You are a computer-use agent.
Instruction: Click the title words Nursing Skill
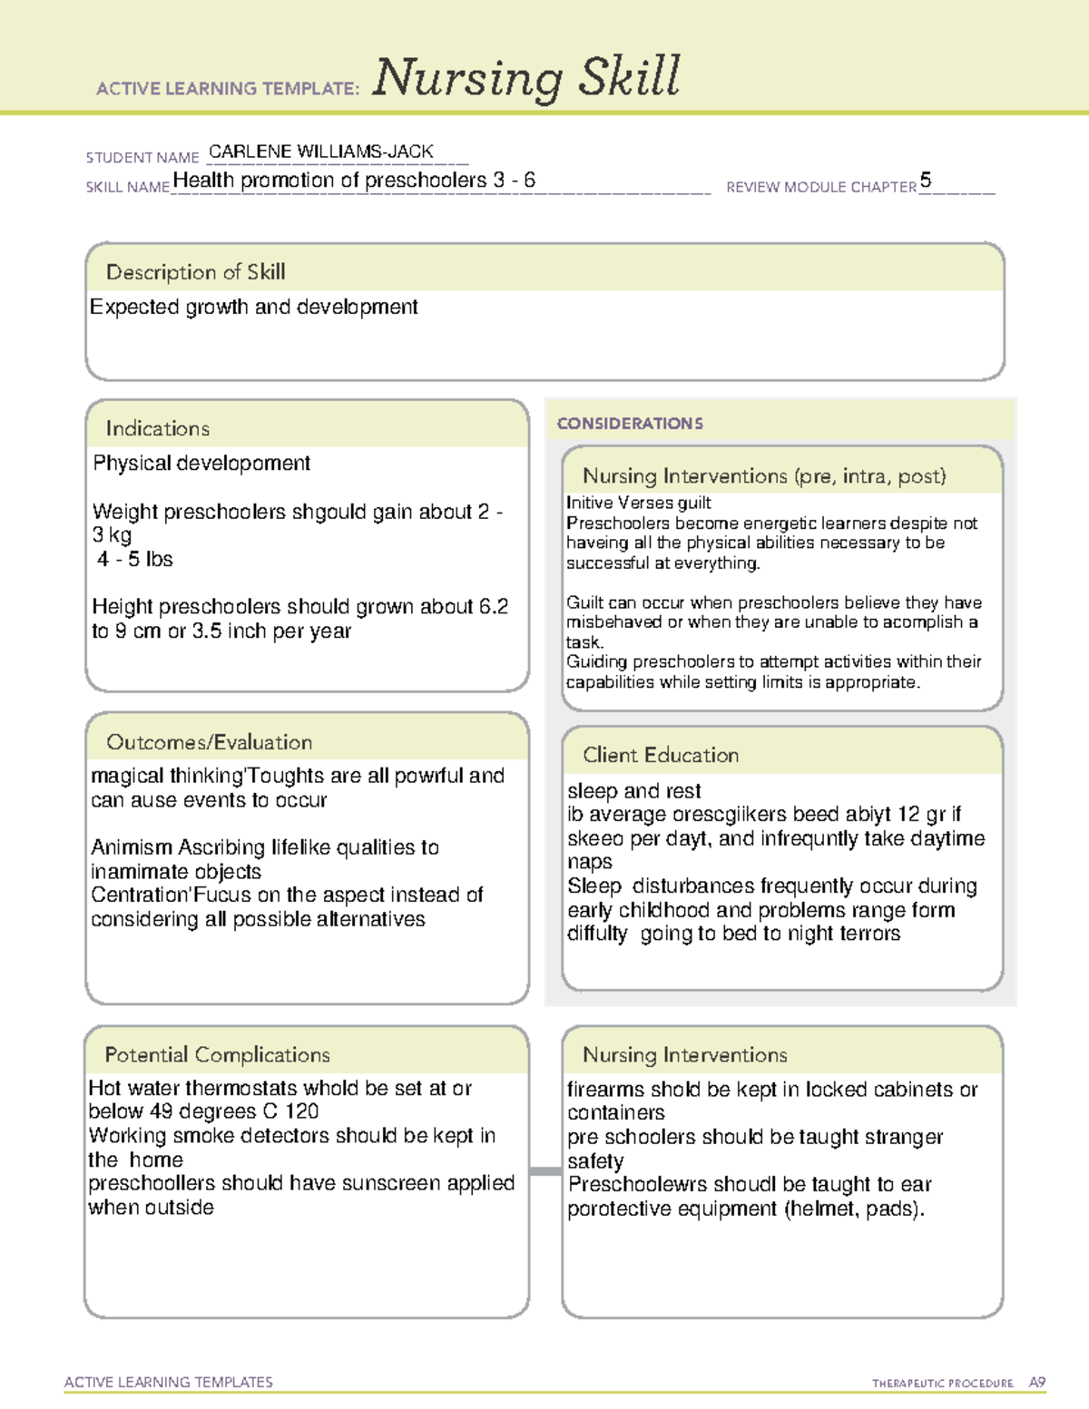coord(525,78)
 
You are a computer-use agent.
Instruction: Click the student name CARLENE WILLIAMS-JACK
coord(320,152)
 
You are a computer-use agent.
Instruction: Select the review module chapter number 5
coord(925,180)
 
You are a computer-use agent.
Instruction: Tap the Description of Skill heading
coord(195,272)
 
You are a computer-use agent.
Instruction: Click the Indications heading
coord(157,428)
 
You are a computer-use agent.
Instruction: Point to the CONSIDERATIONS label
coord(630,424)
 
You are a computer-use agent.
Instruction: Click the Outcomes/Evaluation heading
coord(209,742)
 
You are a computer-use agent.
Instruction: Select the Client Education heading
coord(660,755)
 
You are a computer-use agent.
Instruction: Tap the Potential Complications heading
coord(217,1054)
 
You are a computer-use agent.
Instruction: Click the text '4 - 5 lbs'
coord(134,559)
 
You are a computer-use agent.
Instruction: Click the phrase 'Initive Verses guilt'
coord(638,503)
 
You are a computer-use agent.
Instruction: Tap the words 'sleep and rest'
coord(633,791)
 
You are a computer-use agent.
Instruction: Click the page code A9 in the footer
coord(1036,1383)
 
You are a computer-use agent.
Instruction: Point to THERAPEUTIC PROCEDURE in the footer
coord(942,1384)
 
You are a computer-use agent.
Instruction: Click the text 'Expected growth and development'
coord(253,308)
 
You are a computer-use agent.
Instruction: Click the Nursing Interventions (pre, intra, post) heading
coord(764,476)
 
